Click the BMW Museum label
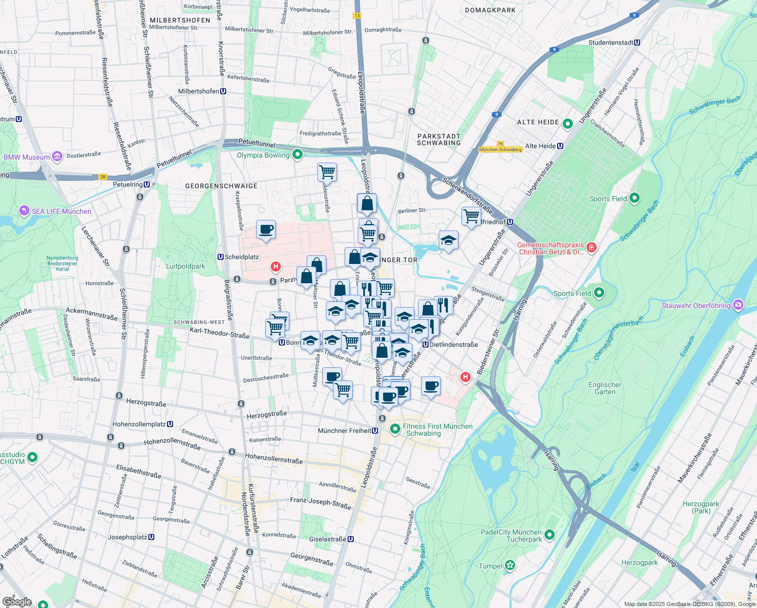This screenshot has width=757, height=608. click(27, 157)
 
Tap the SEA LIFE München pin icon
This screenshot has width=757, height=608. click(24, 210)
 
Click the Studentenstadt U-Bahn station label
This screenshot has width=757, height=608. click(611, 43)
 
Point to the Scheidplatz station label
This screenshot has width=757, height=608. click(241, 257)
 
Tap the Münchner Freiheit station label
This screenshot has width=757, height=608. click(348, 431)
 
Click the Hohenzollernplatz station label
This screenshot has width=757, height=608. click(139, 424)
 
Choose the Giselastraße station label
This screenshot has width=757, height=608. click(327, 539)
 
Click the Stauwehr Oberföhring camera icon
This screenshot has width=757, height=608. click(738, 305)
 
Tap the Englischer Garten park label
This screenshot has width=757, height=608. click(605, 388)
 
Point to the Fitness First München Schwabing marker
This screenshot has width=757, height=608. click(395, 429)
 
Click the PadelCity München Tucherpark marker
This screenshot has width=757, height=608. click(550, 535)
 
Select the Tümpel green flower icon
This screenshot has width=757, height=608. click(510, 565)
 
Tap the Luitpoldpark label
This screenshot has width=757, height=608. click(186, 266)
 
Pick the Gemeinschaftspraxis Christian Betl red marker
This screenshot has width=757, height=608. click(592, 248)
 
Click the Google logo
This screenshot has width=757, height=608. click(17, 602)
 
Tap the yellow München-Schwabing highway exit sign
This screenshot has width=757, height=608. click(500, 149)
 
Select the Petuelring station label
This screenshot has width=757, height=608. click(128, 184)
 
